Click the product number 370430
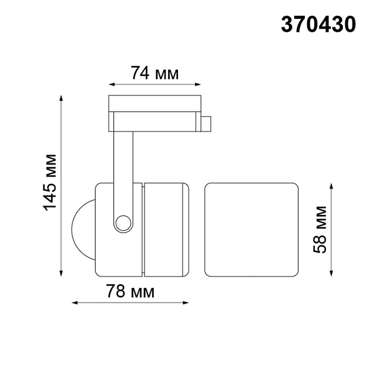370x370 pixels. click(x=318, y=24)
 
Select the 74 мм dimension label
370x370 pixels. click(x=154, y=73)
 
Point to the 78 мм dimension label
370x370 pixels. click(x=130, y=291)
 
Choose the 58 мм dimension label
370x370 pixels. click(x=320, y=229)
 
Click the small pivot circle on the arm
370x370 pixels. click(x=123, y=223)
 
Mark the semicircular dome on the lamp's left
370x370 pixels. click(x=83, y=229)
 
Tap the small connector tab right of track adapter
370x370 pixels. click(x=206, y=125)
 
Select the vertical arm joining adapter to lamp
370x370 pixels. click(x=123, y=170)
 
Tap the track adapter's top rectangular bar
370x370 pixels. click(x=154, y=102)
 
